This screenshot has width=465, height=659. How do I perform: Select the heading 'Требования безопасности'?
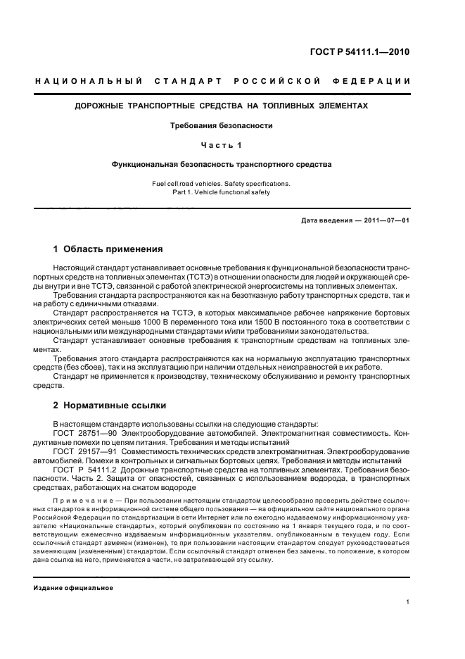(x=222, y=125)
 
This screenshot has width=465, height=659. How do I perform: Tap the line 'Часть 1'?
(x=222, y=144)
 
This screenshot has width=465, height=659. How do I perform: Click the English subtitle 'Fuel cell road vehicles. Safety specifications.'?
(x=221, y=183)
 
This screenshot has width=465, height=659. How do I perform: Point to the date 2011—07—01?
(x=386, y=220)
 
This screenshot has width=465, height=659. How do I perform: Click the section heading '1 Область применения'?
(x=108, y=249)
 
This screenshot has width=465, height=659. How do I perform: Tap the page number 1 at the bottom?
(x=408, y=602)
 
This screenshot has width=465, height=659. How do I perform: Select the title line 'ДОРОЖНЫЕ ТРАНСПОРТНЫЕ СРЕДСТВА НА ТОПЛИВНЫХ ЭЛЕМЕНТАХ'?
(x=222, y=106)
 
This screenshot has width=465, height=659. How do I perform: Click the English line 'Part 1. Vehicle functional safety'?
(x=221, y=192)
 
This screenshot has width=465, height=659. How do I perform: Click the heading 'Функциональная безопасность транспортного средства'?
(x=222, y=164)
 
